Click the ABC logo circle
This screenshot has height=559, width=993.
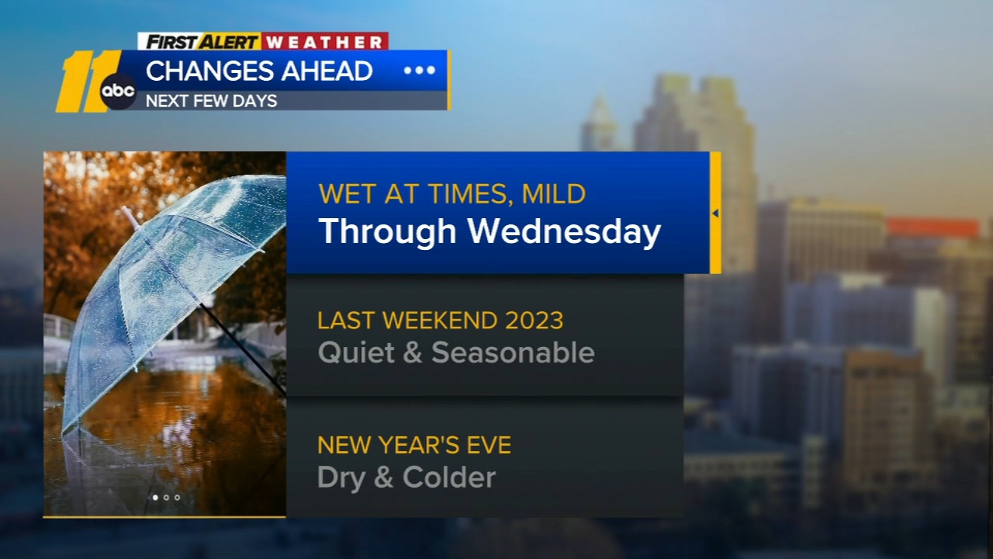pyautogui.click(x=118, y=92)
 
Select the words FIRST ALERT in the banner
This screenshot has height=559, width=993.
pyautogui.click(x=201, y=41)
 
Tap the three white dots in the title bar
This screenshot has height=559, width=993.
pyautogui.click(x=419, y=71)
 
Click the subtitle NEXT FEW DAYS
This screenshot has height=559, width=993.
pyautogui.click(x=211, y=101)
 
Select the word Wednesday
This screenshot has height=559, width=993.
pyautogui.click(x=564, y=231)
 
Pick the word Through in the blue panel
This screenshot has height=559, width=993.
pyautogui.click(x=387, y=231)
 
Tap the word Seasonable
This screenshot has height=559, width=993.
pyautogui.click(x=513, y=352)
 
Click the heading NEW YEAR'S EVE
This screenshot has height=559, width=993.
pyautogui.click(x=414, y=445)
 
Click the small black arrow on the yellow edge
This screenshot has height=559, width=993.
pyautogui.click(x=715, y=213)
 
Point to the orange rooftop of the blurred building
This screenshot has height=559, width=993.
pyautogui.click(x=932, y=227)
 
